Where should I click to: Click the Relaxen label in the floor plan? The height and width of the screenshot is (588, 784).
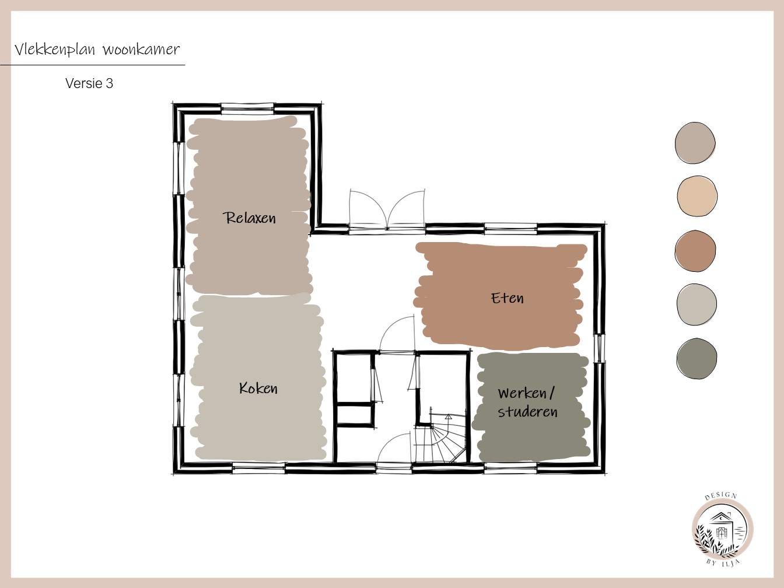pos(249,218)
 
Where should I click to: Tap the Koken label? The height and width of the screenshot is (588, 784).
pos(258,388)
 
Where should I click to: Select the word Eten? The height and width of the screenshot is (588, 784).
pos(507,297)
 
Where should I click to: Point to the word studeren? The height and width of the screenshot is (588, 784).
pos(527,412)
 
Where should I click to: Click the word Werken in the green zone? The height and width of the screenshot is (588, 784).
pos(523,393)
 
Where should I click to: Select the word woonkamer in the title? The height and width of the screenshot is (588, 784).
pos(141,49)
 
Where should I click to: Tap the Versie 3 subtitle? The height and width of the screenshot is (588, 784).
pos(89,83)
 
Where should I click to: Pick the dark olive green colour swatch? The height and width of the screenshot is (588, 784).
pos(696,358)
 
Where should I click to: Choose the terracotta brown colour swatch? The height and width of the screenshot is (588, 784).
pos(695,251)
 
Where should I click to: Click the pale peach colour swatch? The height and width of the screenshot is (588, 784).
pos(697,196)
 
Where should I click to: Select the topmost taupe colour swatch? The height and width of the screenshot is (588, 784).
pos(695,143)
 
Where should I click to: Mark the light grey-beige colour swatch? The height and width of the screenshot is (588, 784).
pos(696,304)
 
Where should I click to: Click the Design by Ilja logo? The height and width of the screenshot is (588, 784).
pos(722,528)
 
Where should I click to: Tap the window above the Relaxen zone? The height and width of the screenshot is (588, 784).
pos(247,109)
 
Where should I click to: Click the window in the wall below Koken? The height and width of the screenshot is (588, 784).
pos(259,468)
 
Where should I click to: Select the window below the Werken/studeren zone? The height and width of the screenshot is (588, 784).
pos(511,468)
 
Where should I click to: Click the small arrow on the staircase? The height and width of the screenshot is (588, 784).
pos(448,416)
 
